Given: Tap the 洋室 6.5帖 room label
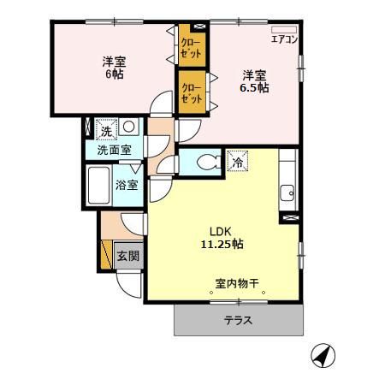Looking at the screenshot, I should (254, 80).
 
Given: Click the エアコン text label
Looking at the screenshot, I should (283, 38).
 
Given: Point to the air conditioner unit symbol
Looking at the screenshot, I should (281, 29).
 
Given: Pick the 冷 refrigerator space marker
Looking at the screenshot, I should (236, 160).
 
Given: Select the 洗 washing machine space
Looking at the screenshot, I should (105, 130).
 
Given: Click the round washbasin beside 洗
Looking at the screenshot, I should (128, 127).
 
